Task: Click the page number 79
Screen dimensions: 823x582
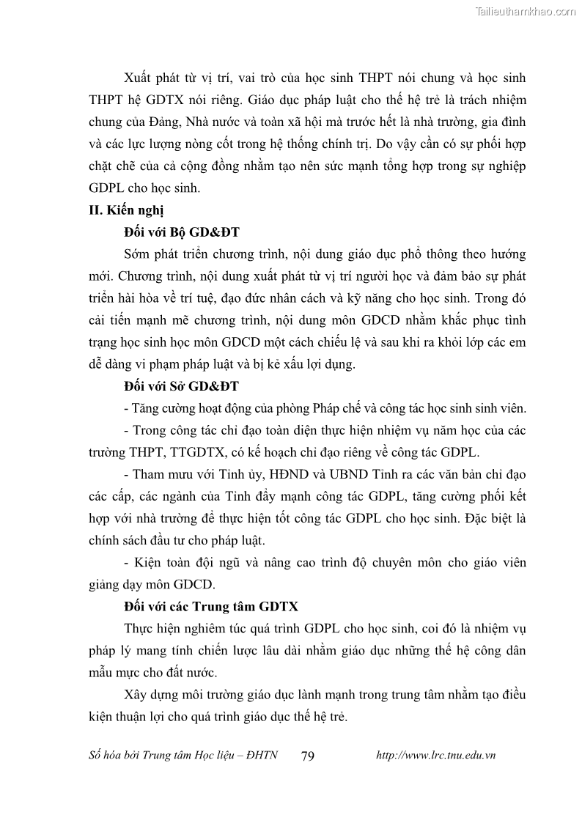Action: point(308,756)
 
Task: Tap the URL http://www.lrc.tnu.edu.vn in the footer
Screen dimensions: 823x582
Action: point(435,756)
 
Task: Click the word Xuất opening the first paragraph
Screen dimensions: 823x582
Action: point(138,77)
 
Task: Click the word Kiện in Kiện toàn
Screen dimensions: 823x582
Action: point(149,563)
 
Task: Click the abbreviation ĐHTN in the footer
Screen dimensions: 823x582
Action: point(260,756)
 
